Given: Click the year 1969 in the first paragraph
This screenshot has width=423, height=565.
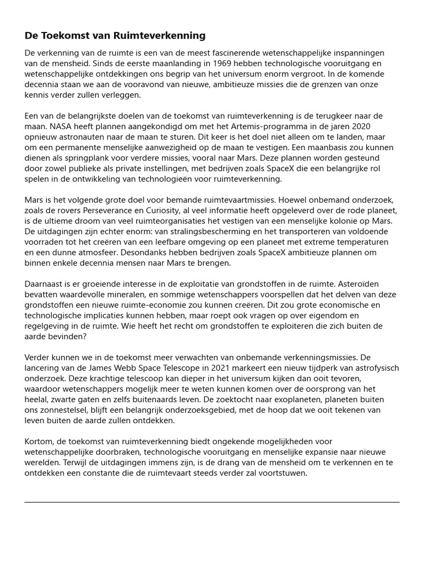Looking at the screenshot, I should tap(186, 63).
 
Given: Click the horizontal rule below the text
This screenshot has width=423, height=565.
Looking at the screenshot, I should tap(211, 502).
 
